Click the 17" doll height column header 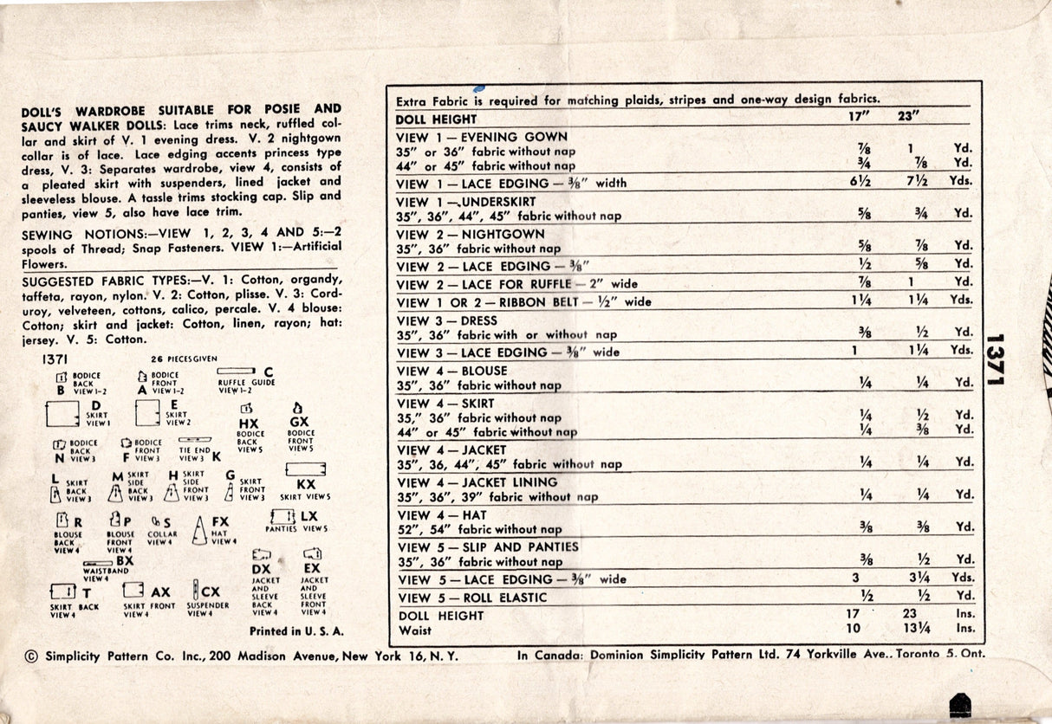[861, 116]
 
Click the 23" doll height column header [908, 116]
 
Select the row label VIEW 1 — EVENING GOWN [481, 137]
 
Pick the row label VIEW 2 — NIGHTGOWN [471, 234]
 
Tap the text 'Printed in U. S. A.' [296, 631]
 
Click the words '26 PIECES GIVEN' [183, 359]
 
